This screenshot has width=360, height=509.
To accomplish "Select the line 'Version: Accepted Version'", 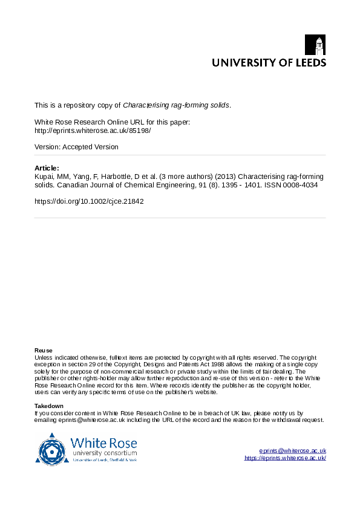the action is click(x=77, y=147).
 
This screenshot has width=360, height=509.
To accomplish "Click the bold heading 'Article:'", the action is click(x=47, y=168).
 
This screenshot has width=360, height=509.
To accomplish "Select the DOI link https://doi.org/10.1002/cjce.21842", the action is click(x=90, y=201).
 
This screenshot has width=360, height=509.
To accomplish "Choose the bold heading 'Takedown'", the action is click(x=49, y=406).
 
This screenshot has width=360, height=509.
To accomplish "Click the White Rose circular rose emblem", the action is click(x=52, y=448).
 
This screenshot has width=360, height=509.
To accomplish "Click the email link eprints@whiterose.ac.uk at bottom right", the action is click(x=293, y=451).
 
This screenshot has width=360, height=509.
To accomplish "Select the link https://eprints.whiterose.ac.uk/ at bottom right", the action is click(x=286, y=458).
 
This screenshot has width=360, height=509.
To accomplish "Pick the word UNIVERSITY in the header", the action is click(x=240, y=63).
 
